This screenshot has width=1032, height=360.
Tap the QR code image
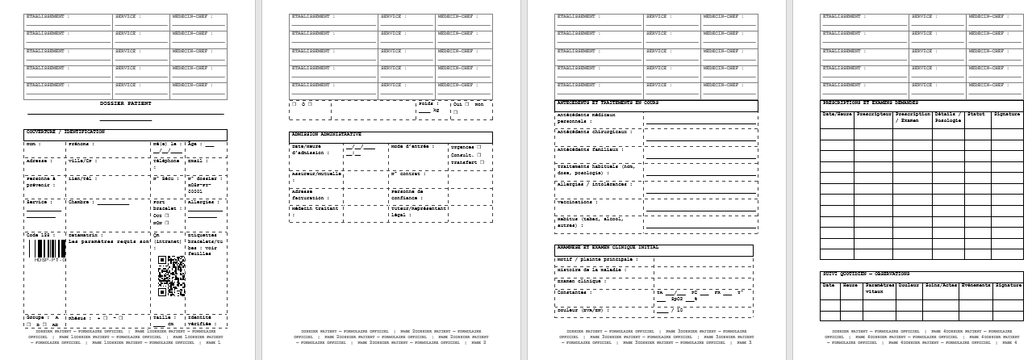pyautogui.click(x=171, y=275)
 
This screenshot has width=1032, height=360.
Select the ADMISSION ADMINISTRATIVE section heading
pyautogui.click(x=326, y=134)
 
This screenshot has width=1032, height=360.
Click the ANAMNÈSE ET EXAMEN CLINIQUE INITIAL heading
pyautogui.click(x=607, y=247)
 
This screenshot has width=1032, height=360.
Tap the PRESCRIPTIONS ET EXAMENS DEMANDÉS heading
pyautogui.click(x=870, y=103)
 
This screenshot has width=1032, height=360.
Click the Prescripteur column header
pyautogui.click(x=874, y=115)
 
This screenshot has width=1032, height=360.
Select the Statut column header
pyautogui.click(x=976, y=115)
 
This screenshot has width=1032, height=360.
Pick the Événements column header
pyautogui.click(x=976, y=285)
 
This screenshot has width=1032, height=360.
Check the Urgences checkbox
pyautogui.click(x=479, y=147)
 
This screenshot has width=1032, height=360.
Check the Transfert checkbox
pyautogui.click(x=482, y=161)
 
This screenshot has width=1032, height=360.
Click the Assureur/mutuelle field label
pyautogui.click(x=315, y=174)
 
